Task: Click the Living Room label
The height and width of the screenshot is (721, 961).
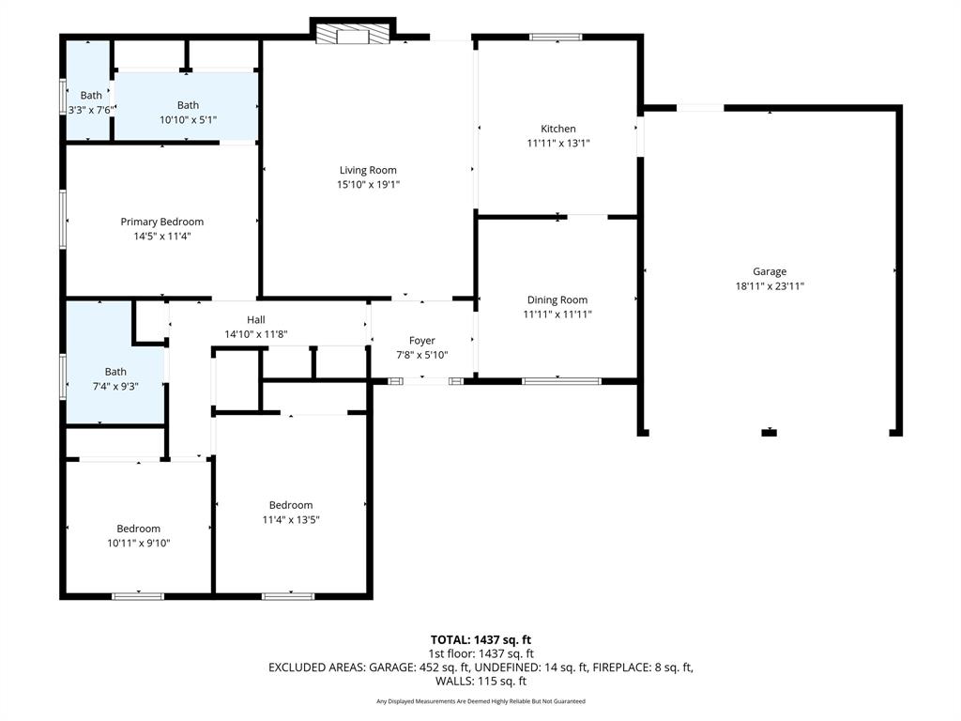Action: (x=368, y=170)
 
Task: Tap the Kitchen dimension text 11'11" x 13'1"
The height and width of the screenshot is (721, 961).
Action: (x=557, y=144)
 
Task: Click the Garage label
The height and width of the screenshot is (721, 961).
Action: (x=769, y=272)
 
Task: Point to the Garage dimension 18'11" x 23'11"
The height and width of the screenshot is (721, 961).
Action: (x=769, y=286)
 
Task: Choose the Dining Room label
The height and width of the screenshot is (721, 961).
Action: (x=557, y=300)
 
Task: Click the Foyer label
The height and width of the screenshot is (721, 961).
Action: (x=421, y=341)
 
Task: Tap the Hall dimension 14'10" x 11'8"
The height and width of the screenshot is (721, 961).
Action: (x=255, y=334)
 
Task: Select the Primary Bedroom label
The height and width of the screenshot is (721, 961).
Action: (x=161, y=222)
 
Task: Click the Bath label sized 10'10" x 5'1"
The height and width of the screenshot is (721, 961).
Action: (x=188, y=105)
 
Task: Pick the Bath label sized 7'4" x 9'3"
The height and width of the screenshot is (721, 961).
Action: (x=115, y=372)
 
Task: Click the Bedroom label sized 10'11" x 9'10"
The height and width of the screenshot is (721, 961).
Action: (x=138, y=529)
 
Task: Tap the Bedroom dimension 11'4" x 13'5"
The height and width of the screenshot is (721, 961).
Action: (x=290, y=519)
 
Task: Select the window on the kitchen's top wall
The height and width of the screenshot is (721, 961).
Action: (x=556, y=38)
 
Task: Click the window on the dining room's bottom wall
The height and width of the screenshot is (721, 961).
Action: (x=561, y=381)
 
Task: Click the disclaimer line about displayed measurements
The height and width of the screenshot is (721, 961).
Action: (x=480, y=701)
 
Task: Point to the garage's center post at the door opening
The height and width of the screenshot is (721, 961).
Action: (x=770, y=432)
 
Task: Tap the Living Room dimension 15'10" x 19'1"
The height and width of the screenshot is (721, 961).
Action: (x=368, y=184)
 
